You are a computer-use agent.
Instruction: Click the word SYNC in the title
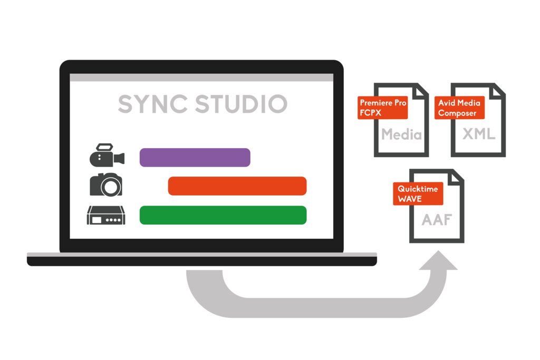153,104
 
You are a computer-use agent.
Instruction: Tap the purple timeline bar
195,158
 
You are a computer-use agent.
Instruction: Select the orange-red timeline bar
237,186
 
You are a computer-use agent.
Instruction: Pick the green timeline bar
223,215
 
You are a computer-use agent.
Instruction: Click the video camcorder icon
107,155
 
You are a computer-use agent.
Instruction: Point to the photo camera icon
106,184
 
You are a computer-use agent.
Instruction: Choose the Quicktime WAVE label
418,194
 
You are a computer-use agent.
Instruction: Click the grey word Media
402,134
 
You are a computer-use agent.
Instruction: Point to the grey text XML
479,134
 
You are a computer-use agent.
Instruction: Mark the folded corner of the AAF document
456,176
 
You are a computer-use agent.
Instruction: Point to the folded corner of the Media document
421,90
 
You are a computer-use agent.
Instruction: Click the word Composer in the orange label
457,113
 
